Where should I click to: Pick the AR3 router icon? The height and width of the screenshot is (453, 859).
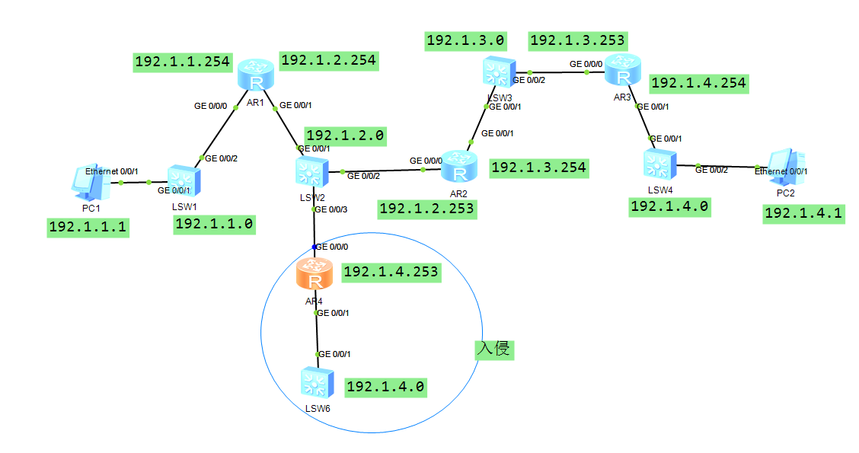pyautogui.click(x=624, y=72)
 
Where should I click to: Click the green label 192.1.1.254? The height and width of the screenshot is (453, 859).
pyautogui.click(x=183, y=62)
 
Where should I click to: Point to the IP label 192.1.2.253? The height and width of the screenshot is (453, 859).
pyautogui.click(x=427, y=209)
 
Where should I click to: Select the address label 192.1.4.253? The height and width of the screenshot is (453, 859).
pyautogui.click(x=391, y=272)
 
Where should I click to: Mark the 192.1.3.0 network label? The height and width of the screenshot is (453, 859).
pyautogui.click(x=465, y=40)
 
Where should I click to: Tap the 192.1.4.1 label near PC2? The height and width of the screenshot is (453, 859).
pyautogui.click(x=803, y=213)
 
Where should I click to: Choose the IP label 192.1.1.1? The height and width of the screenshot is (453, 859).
pyautogui.click(x=88, y=227)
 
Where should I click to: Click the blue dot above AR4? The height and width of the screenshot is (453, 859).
pyautogui.click(x=314, y=247)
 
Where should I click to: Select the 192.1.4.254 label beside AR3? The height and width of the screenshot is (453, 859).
pyautogui.click(x=699, y=83)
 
